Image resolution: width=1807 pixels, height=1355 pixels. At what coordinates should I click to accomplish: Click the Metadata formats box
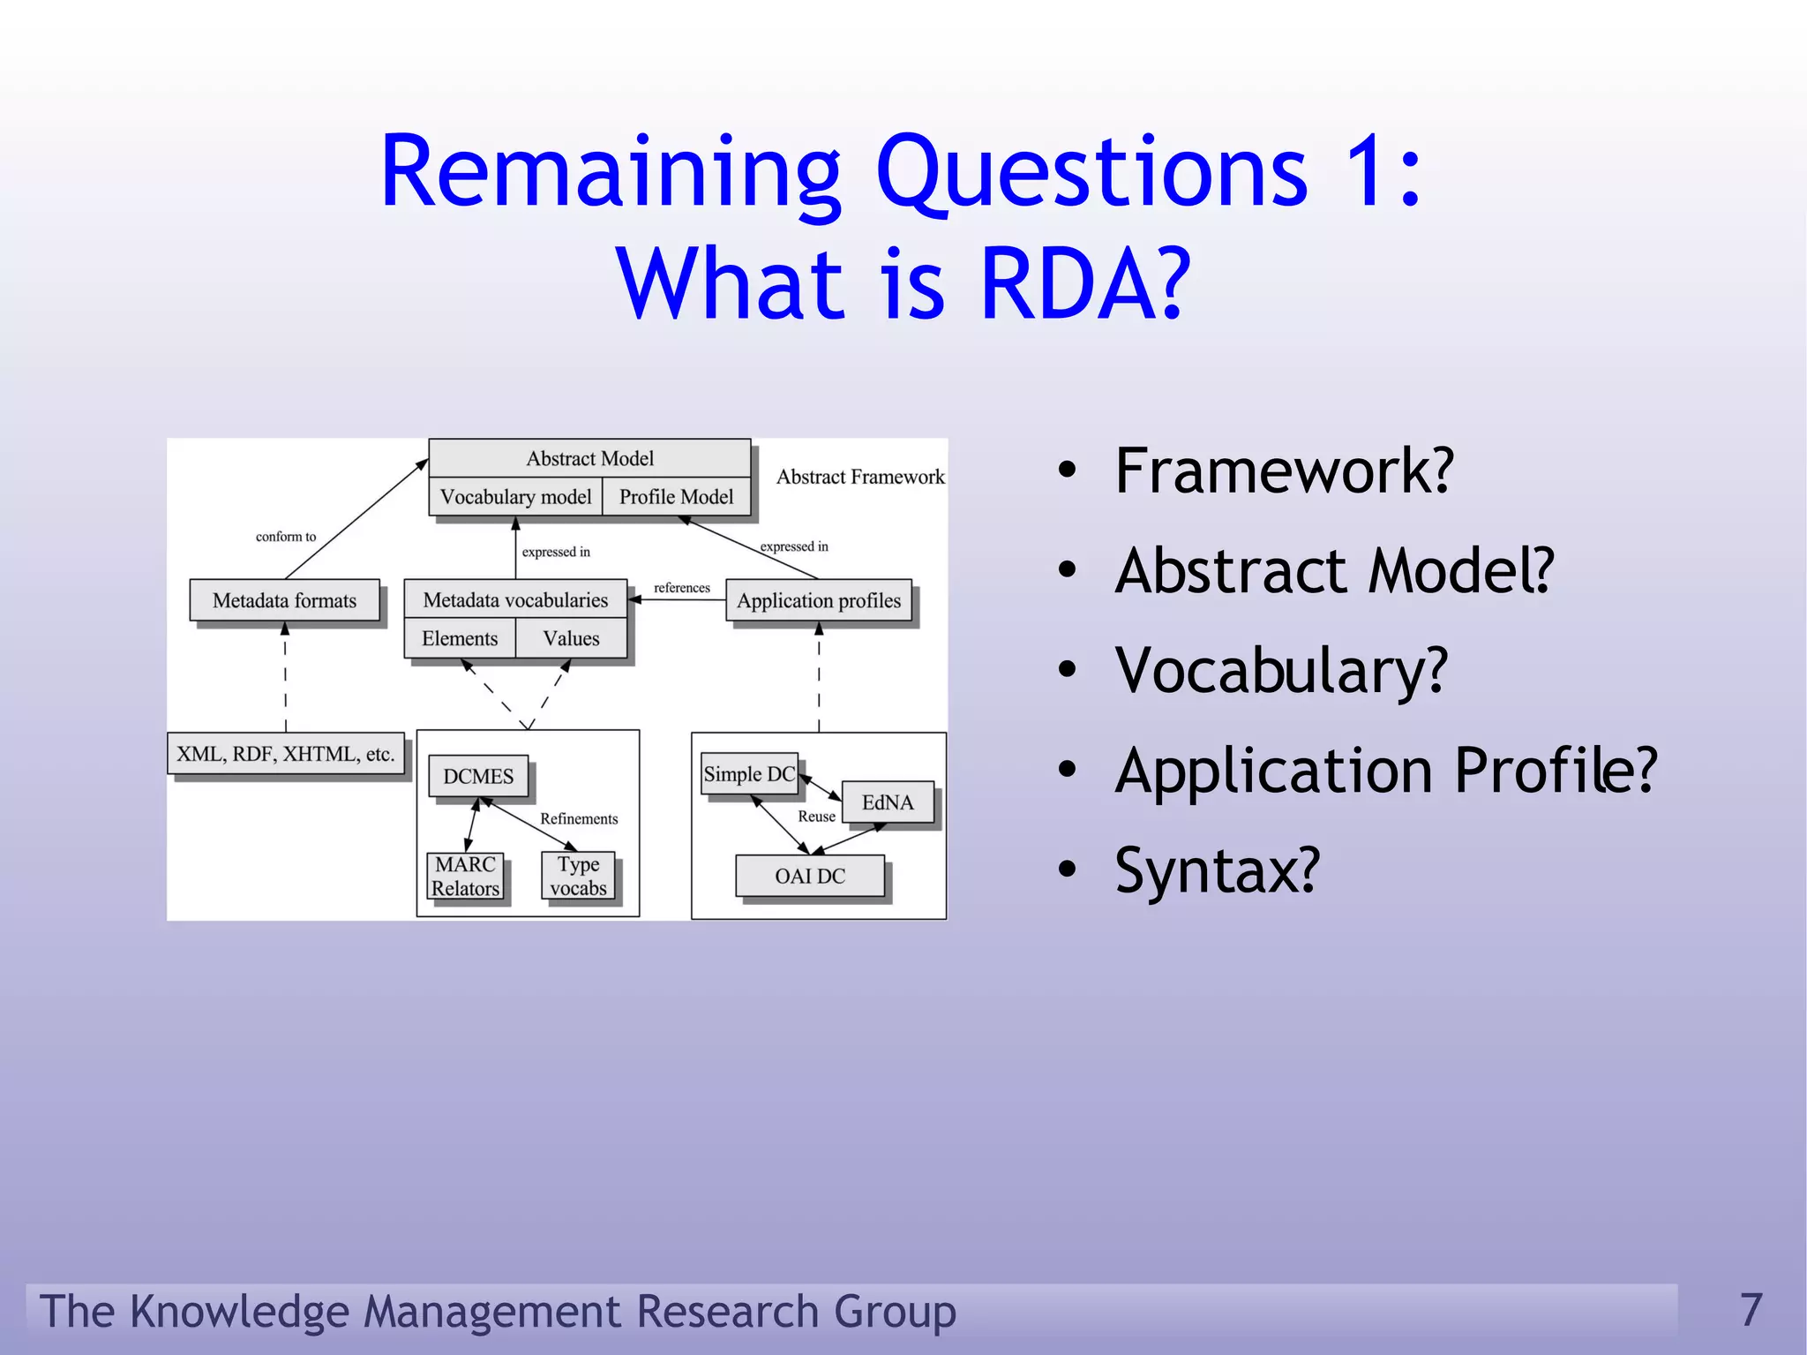(284, 600)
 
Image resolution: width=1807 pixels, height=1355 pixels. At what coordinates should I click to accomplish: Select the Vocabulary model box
(515, 497)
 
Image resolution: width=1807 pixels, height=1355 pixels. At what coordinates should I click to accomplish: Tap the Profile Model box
(676, 497)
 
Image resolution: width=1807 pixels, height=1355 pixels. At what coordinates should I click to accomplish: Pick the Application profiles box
(819, 600)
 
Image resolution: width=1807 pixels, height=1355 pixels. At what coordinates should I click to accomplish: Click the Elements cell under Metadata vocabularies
(460, 638)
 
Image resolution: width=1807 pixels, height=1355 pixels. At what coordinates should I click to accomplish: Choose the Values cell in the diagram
(571, 638)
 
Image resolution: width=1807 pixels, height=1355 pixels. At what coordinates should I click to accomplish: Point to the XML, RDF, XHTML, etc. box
(285, 754)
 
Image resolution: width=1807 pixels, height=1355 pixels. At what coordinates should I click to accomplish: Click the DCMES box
(478, 776)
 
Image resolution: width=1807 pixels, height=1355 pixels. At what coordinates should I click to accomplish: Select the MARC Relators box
(465, 876)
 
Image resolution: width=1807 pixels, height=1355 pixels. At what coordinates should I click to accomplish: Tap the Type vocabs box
(578, 876)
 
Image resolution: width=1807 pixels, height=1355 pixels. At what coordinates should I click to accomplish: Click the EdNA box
(888, 802)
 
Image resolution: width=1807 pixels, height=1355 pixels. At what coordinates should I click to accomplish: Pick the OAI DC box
(810, 876)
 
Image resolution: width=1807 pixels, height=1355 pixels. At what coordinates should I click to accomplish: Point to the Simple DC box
(749, 774)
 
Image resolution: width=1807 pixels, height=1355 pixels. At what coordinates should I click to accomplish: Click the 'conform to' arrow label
(285, 537)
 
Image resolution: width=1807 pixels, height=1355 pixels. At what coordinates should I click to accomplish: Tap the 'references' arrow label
(681, 588)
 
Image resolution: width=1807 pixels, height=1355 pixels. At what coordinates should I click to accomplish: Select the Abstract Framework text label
(860, 478)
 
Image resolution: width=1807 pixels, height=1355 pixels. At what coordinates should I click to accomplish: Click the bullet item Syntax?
(1217, 870)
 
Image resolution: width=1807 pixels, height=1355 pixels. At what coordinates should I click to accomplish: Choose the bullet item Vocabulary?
(1280, 671)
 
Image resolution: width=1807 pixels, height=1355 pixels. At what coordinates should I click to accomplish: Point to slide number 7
(1751, 1309)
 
